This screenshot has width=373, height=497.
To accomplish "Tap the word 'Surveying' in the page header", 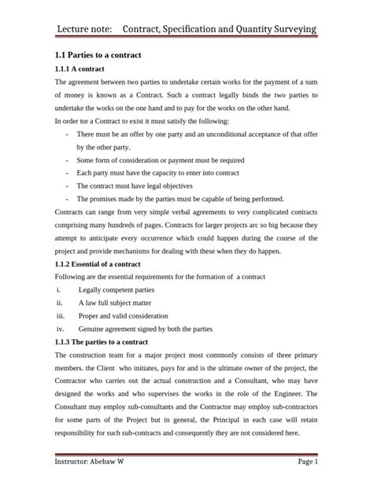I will (x=283, y=29).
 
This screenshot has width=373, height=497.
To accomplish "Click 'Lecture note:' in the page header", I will (x=87, y=29).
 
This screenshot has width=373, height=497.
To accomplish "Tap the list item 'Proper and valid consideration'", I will (x=127, y=315).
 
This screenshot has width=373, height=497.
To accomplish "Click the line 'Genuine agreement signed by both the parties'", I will (x=153, y=328).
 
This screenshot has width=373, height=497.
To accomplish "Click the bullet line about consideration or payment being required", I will (x=160, y=160).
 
